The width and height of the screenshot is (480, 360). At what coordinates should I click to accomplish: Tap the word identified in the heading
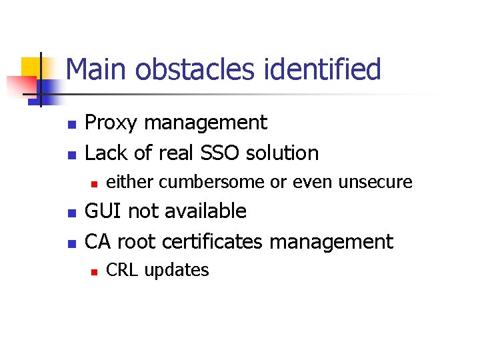pos(325,70)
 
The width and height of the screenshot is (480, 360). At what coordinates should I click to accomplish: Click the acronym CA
pos(99,241)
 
